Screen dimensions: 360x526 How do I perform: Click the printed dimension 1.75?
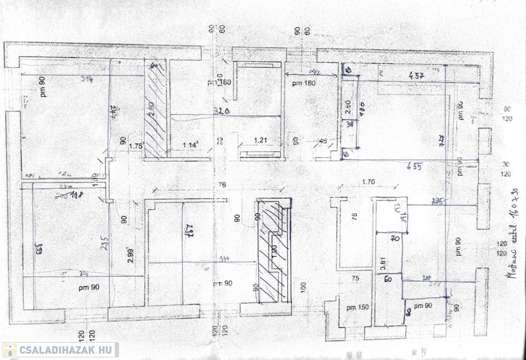(x=135, y=146)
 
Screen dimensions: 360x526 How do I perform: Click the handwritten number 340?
(x=224, y=258)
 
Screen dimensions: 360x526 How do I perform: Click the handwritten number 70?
(x=395, y=238)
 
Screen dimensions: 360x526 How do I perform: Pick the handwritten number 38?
(x=349, y=123)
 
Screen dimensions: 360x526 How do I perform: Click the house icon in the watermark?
(x=9, y=350)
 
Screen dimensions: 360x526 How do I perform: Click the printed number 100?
(x=304, y=286)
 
